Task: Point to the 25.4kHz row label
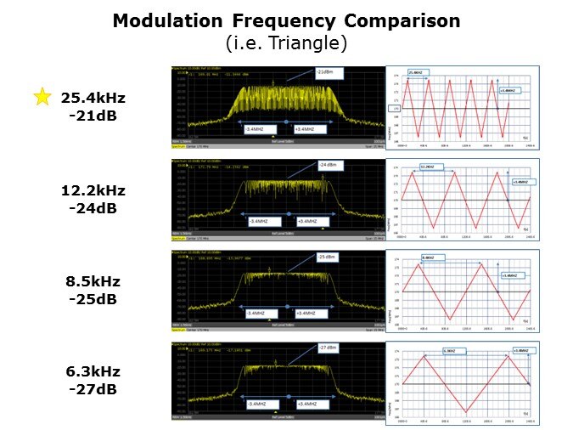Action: [x=93, y=98]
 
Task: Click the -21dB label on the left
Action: [x=93, y=115]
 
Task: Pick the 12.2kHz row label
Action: [x=93, y=189]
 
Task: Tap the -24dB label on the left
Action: [x=93, y=206]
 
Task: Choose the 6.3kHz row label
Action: [x=93, y=371]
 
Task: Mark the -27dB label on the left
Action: [x=93, y=388]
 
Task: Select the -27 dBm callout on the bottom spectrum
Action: [x=326, y=348]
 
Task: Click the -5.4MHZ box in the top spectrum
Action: [x=258, y=129]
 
